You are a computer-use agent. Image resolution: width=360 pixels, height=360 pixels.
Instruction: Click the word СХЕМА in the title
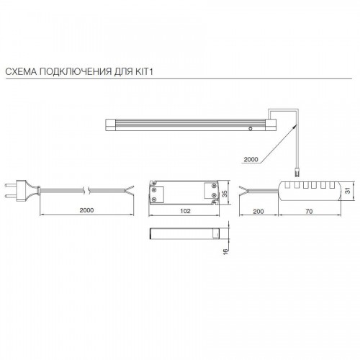point(21,71)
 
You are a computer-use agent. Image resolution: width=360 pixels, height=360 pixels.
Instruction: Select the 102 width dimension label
point(185,211)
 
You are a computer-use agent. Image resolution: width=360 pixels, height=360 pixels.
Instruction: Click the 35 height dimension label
point(225,194)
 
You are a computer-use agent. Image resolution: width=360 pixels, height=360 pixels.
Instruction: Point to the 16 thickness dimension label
point(225,251)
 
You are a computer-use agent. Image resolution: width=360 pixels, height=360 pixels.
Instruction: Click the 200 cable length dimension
point(258,211)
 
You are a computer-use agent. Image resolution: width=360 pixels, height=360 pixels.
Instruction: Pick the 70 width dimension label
point(309,211)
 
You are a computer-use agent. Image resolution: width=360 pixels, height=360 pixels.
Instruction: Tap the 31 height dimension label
point(348,190)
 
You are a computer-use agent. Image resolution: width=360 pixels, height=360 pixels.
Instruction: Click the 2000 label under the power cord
point(86,210)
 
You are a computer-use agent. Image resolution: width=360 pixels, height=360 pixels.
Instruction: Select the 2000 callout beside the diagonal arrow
point(251,159)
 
